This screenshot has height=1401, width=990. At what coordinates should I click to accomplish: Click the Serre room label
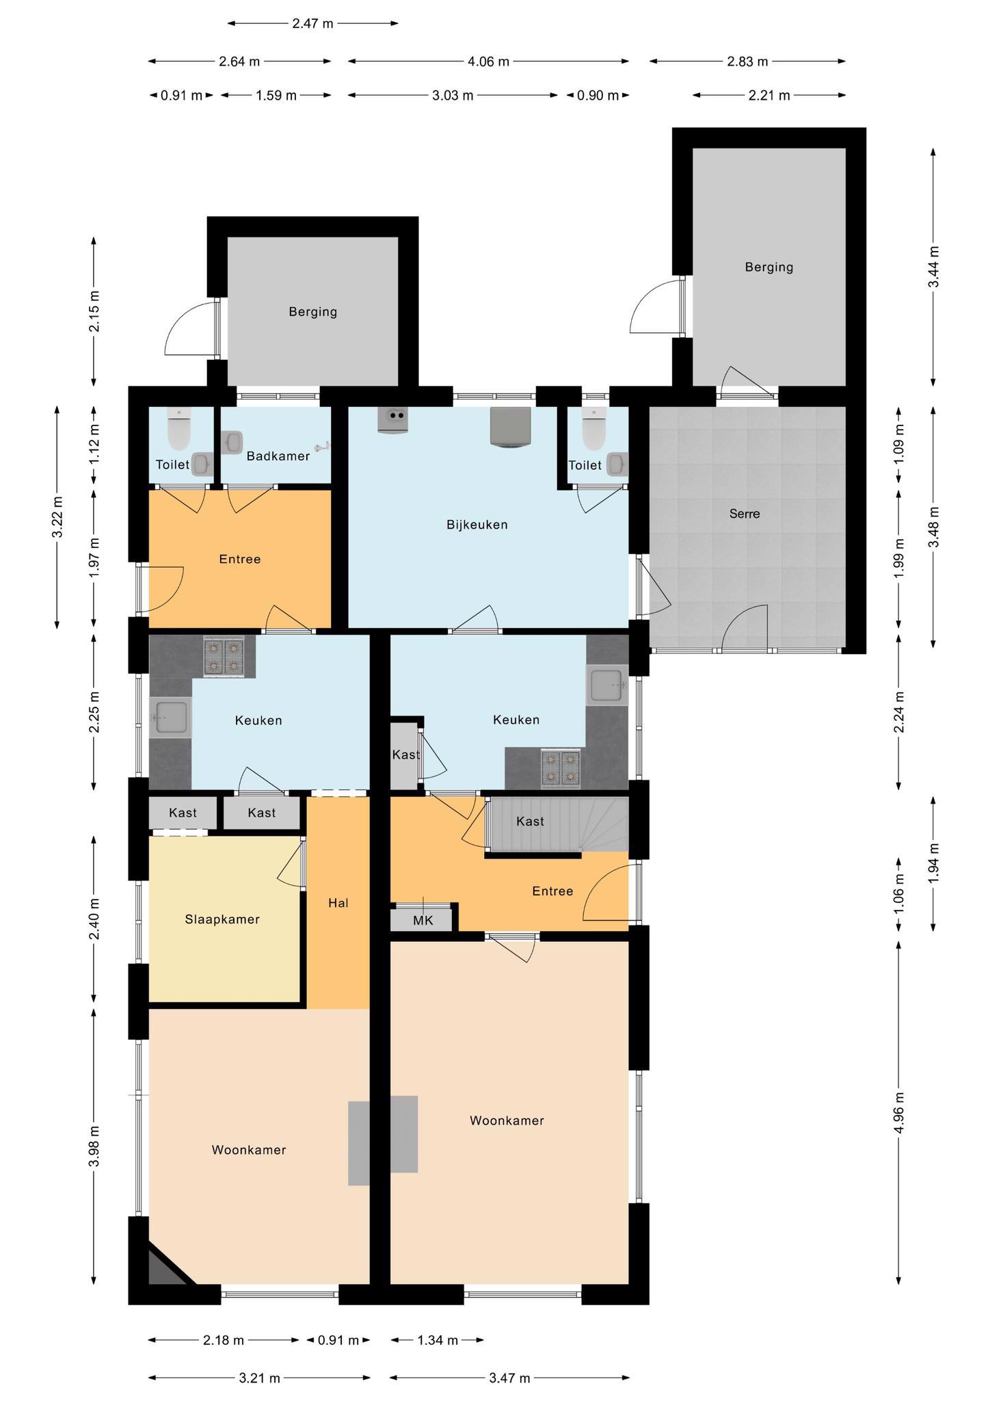point(745,514)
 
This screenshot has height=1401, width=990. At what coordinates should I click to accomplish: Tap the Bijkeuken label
point(477,525)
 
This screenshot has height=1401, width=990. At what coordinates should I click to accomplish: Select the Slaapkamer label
point(222,919)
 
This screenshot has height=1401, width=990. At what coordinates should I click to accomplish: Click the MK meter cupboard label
point(423,921)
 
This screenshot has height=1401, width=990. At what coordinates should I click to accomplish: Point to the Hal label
point(338,903)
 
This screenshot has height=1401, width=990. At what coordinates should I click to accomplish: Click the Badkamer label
point(278,456)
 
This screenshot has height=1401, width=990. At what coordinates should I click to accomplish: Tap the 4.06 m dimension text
point(488,62)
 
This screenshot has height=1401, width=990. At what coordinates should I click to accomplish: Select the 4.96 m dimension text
point(899,1113)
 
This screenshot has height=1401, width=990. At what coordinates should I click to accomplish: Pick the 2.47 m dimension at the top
point(312,23)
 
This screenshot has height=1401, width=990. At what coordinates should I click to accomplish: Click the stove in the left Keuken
point(224,657)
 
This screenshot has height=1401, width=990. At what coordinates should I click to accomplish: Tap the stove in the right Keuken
point(561,769)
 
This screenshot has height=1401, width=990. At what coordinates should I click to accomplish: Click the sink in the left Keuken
point(171,718)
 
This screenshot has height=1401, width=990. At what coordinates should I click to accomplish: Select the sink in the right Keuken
point(607,685)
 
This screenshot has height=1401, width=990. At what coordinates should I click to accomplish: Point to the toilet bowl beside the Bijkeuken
point(593,430)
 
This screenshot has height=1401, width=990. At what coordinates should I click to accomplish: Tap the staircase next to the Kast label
point(557,824)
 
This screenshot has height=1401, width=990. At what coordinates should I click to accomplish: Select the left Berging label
point(312,312)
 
